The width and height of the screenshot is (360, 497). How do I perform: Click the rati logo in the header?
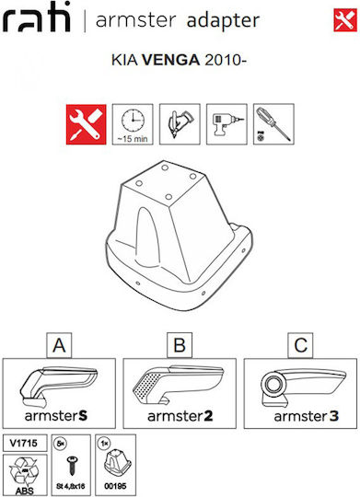click(36, 17)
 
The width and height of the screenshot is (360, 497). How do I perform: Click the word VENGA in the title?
click(170, 60)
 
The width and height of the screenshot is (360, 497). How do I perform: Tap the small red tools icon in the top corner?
click(345, 20)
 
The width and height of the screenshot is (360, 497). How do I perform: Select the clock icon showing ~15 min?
click(133, 124)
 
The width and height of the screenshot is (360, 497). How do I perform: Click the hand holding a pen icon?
click(180, 124)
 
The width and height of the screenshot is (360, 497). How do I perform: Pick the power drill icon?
click(226, 124)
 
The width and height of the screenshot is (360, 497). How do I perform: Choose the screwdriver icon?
click(273, 124)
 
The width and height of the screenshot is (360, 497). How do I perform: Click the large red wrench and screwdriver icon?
click(86, 124)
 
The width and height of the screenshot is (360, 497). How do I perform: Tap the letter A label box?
click(59, 345)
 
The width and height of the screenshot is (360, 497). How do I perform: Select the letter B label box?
click(180, 345)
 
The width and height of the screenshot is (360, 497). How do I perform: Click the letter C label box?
click(300, 345)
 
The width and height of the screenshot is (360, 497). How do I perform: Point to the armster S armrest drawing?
click(58, 387)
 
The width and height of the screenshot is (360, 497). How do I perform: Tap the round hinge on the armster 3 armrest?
click(273, 385)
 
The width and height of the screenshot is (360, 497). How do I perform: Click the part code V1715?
click(23, 443)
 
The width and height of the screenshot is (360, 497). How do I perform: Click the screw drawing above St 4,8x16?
click(72, 466)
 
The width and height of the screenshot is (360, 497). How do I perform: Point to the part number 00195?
click(115, 486)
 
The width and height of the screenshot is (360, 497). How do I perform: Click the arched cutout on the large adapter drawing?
click(147, 236)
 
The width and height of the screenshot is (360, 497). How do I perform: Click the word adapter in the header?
click(224, 21)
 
